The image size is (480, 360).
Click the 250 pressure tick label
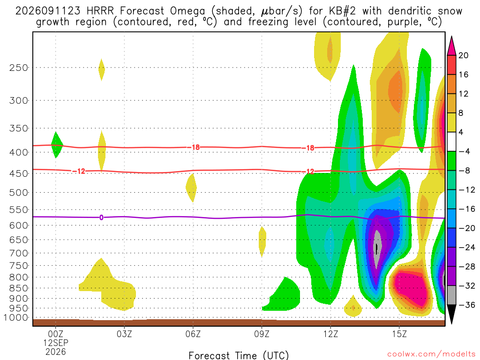point(18,67)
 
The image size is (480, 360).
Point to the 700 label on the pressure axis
point(18,253)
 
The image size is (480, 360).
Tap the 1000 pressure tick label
point(16,318)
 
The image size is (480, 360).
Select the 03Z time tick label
point(124,334)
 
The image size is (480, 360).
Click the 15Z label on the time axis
point(399,334)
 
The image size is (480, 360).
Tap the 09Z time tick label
point(262,334)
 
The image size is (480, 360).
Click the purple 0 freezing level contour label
point(101,217)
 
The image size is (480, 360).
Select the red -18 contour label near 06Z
point(194,147)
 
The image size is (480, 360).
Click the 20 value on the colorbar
point(463,55)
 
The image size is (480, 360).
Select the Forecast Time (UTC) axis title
point(239,355)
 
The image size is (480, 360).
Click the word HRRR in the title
point(100,11)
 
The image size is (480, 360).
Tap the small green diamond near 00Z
point(57,145)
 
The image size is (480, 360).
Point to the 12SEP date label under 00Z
point(56,343)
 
